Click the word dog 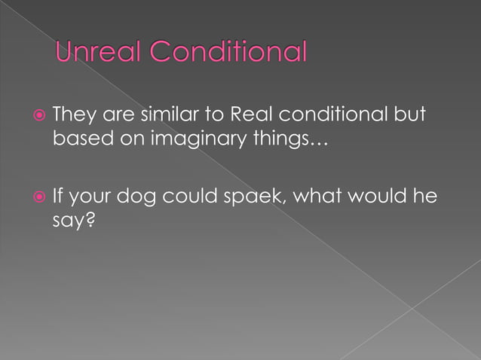pos(149,199)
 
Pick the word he pos(426,198)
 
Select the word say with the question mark pos(73,224)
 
